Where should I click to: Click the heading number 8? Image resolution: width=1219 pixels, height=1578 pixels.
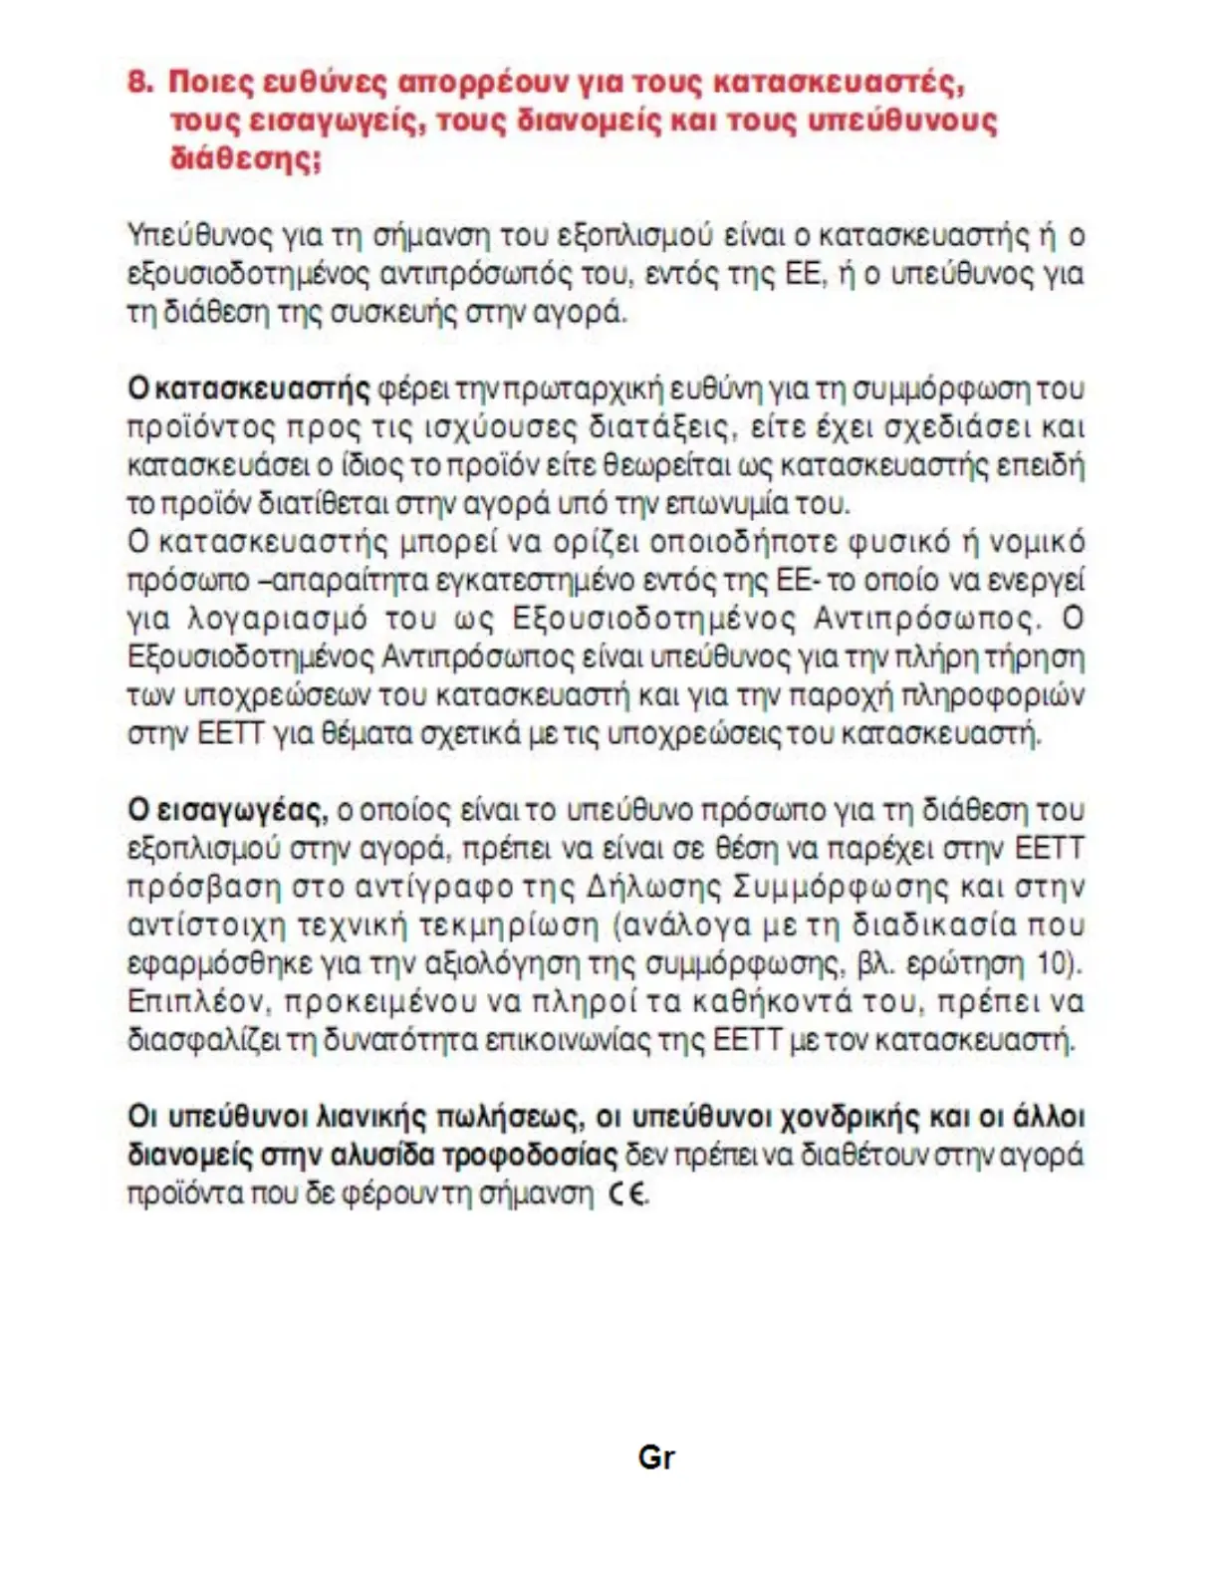[139, 82]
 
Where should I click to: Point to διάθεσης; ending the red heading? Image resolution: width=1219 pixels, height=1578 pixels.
[246, 159]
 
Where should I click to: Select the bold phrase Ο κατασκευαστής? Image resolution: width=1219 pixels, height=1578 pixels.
[249, 390]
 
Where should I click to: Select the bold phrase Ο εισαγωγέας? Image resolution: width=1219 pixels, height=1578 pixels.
[227, 811]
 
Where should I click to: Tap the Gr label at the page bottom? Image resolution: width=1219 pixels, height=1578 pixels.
[656, 1458]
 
